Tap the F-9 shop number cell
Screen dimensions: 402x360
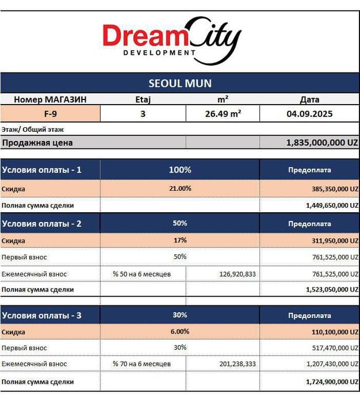50,114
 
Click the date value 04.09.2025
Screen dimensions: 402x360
309,114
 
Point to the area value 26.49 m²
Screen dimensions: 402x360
223,114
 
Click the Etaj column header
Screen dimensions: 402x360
143,99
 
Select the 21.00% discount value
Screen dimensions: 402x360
179,188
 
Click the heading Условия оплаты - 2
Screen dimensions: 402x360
42,223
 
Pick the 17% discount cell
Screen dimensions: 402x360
179,240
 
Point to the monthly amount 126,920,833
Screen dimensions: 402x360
238,274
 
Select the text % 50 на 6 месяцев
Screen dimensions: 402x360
142,274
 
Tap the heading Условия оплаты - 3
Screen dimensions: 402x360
42,315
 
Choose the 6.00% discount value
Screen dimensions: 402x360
179,331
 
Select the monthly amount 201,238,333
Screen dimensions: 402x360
238,364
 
